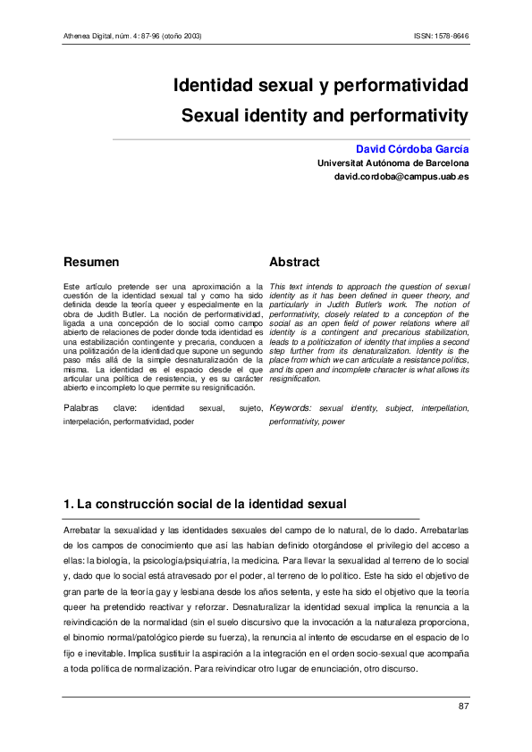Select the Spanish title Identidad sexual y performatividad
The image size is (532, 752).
pyautogui.click(x=321, y=87)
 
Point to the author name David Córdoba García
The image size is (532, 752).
pyautogui.click(x=412, y=148)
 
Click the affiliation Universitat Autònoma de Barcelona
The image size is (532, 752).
pyautogui.click(x=393, y=163)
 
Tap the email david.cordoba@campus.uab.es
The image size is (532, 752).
pyautogui.click(x=401, y=178)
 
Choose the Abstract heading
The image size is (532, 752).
pyautogui.click(x=294, y=263)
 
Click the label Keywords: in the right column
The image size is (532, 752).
pyautogui.click(x=291, y=407)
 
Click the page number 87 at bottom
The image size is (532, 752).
pyautogui.click(x=463, y=707)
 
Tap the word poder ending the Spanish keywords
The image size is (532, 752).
pyautogui.click(x=184, y=420)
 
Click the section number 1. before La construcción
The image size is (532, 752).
pyautogui.click(x=67, y=505)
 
